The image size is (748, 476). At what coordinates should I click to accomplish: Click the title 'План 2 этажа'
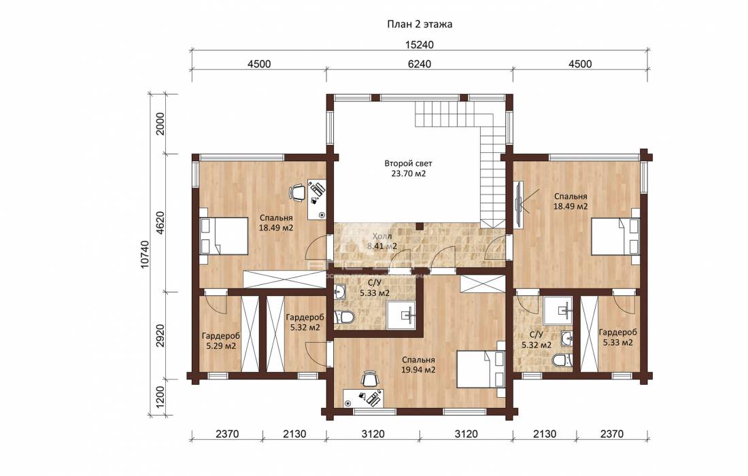pos(420,24)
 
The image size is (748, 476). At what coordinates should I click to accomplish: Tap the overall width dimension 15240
pos(420,45)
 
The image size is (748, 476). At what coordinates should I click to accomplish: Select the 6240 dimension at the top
pos(420,64)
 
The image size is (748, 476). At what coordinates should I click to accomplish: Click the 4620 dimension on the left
pos(160,223)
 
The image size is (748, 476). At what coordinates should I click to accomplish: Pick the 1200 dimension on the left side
pos(160,395)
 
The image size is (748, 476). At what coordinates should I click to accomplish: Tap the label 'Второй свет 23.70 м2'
pos(409,169)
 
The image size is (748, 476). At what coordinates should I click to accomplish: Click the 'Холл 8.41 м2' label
pos(382,241)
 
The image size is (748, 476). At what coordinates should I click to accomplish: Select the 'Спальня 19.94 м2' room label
pos(418,365)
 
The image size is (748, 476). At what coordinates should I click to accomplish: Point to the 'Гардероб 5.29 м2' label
pos(221,341)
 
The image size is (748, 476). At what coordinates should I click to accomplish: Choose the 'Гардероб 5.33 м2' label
pos(617,337)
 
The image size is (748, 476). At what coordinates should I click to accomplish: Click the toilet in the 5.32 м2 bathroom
pos(562,360)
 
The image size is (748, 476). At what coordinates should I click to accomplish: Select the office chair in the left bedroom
pos(297,192)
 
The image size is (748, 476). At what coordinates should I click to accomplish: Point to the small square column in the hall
pos(420,226)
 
